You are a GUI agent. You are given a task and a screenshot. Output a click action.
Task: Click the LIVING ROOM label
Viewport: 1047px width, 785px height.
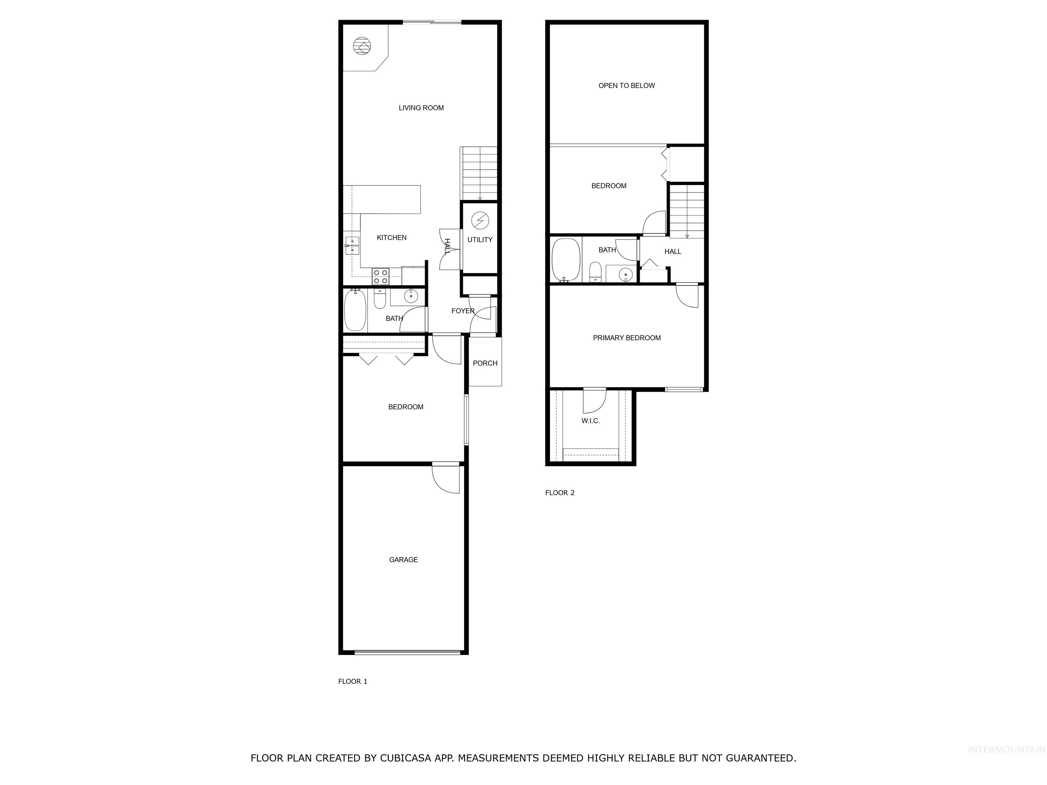coord(421,108)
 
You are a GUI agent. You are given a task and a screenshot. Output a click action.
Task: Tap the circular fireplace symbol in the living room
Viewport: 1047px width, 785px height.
coord(362,46)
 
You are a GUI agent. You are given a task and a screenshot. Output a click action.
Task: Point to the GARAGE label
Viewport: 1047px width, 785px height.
coord(403,559)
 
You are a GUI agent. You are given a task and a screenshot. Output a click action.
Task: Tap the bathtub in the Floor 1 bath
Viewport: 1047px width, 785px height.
coord(354,311)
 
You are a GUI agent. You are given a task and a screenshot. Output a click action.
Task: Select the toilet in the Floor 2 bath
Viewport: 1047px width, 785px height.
coord(595,273)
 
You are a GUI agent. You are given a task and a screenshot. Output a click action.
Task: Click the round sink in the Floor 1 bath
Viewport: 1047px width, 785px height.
coord(411,297)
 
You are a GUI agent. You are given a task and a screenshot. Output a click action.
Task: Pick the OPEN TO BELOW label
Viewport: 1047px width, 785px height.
coord(626,86)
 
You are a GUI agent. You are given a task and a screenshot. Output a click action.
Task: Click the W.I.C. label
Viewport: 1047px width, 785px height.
coord(590,421)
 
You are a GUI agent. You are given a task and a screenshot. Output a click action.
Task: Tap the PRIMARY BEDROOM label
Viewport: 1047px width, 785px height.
coord(626,338)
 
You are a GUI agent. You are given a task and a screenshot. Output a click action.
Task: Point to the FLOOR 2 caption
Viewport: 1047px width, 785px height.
coord(560,493)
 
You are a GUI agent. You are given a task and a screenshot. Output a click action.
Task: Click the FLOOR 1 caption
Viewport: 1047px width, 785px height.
coord(352,681)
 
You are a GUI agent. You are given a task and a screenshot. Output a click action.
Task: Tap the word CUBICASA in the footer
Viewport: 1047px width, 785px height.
coord(406,758)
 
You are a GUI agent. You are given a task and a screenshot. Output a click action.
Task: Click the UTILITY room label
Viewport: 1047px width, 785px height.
coord(480,240)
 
